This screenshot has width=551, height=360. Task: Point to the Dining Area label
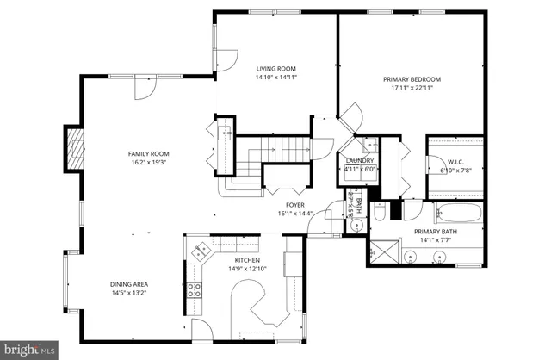pyautogui.click(x=128, y=284)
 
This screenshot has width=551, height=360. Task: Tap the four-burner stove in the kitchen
pyautogui.click(x=195, y=290)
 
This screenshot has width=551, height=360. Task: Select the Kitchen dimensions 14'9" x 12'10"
pyautogui.click(x=247, y=269)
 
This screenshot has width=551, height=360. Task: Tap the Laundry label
pyautogui.click(x=359, y=160)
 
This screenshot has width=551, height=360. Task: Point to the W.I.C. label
pyautogui.click(x=455, y=160)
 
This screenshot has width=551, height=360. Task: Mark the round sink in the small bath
pyautogui.click(x=355, y=226)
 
